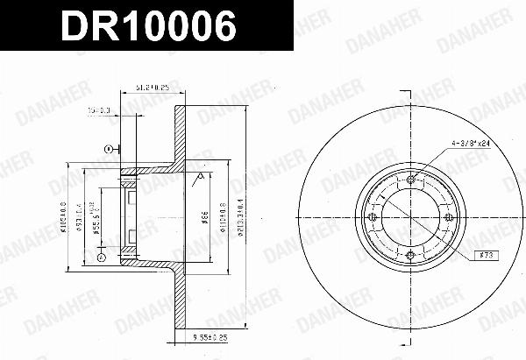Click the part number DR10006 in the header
pos(147,28)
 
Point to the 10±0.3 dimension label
pos(100,110)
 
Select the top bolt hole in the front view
pos(411,180)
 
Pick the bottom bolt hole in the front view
pos(411,256)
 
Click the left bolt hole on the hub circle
pos(373,218)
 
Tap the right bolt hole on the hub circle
pos(449,218)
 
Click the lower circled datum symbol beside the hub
pos(101,259)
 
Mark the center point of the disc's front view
pos(411,218)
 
